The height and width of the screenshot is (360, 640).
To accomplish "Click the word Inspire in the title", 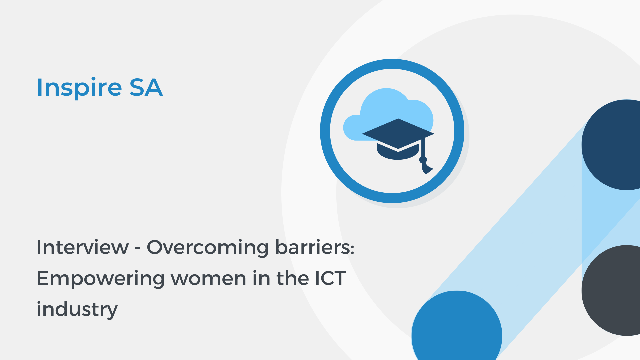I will [x=79, y=87].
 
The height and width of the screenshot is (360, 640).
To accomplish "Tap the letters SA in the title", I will [x=146, y=87].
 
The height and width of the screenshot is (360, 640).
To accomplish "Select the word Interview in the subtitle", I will [x=82, y=247].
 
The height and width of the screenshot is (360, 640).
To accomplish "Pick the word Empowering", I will [x=100, y=279].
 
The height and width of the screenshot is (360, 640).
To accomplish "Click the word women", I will [x=208, y=279].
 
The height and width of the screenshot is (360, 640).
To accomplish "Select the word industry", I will [x=77, y=309].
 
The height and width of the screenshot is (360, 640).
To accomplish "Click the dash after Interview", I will [x=138, y=248].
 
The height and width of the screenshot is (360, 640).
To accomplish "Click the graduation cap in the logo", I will [x=398, y=137].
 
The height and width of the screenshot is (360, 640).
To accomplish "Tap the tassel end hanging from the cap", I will [x=426, y=168].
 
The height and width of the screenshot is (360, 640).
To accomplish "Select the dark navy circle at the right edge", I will [x=613, y=145].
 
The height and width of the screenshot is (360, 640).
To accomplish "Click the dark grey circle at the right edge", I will [x=613, y=290].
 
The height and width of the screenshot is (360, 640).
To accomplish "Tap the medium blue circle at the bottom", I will [x=457, y=330].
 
